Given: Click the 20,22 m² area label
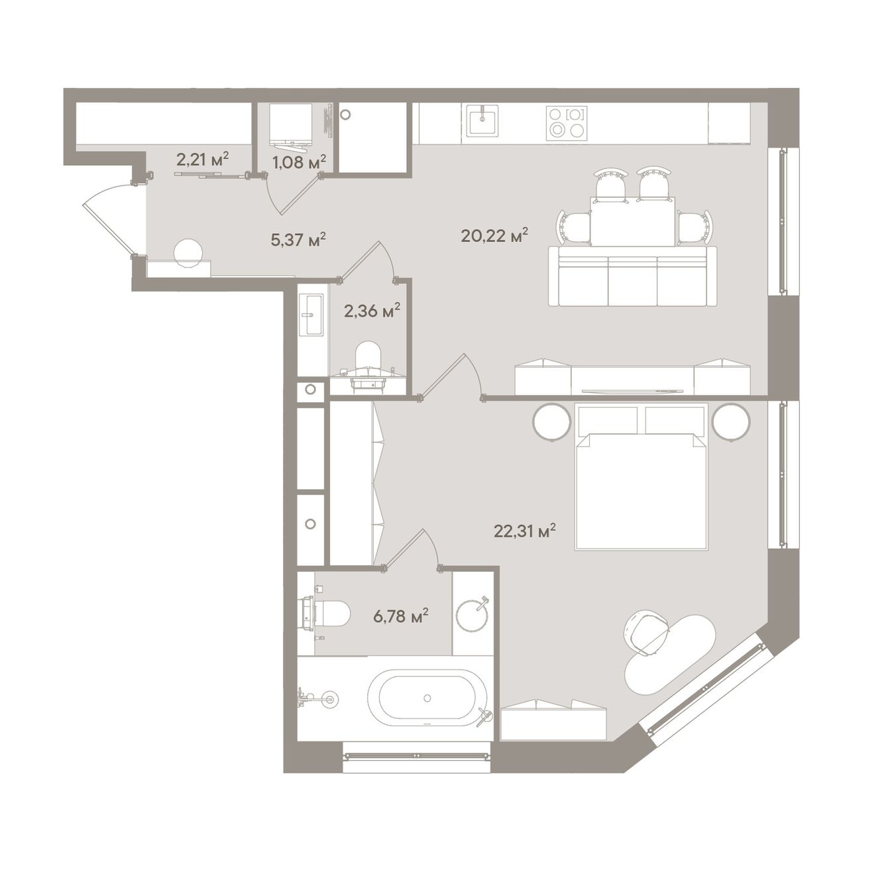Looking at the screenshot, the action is coord(494,236).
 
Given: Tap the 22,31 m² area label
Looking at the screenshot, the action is coord(525,531).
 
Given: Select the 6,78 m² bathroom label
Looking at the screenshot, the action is coord(401,616).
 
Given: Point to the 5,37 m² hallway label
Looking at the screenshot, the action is coord(298,239).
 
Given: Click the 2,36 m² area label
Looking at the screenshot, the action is coord(372,311).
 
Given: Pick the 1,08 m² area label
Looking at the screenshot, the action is coord(299,162).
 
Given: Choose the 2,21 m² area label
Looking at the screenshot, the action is coord(202,160).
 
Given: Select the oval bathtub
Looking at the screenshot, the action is coord(427,698).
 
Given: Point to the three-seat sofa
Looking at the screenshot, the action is coord(633,276).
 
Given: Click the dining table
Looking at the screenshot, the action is coord(633,221).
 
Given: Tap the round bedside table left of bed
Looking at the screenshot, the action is coord(552,423).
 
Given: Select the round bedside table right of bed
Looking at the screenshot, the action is coord(731,423).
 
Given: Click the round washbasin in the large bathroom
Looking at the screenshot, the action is coord(472,614).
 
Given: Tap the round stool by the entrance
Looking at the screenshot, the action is coord(189,254).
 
